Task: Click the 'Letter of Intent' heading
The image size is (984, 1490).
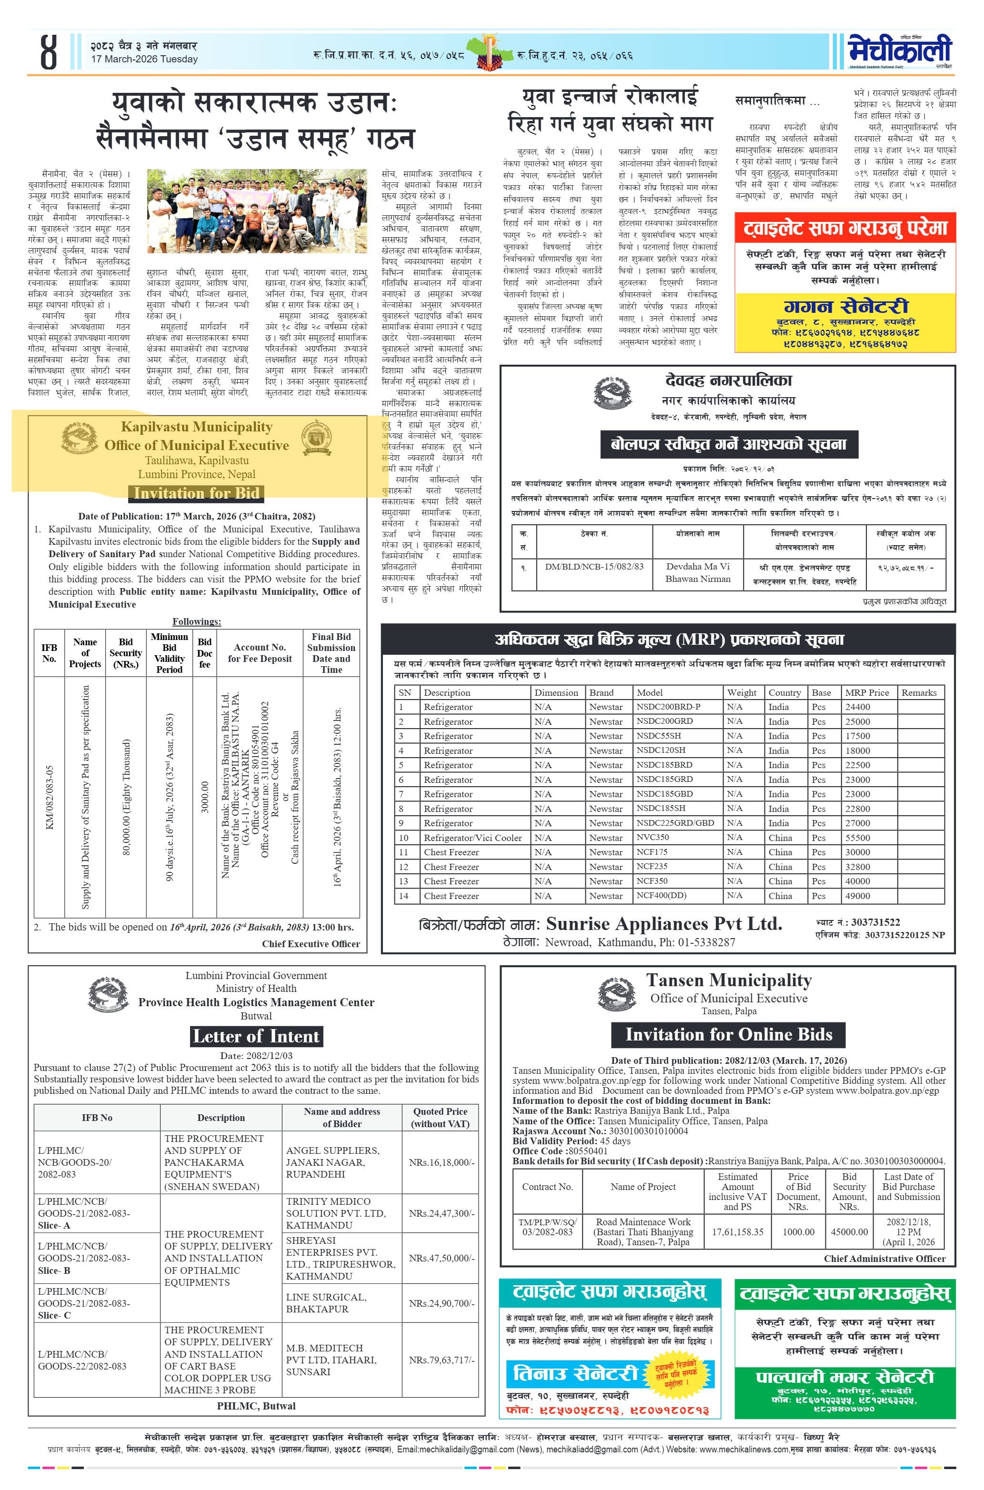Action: click(256, 1036)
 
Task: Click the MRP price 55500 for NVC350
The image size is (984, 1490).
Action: click(858, 838)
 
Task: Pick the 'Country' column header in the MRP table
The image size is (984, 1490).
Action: click(784, 692)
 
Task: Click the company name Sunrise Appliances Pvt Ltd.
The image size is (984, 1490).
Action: click(664, 923)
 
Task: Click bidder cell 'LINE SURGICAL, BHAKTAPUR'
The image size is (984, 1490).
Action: click(326, 1303)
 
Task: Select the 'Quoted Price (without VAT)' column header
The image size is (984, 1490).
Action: click(440, 1117)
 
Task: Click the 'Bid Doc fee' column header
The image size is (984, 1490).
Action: click(205, 653)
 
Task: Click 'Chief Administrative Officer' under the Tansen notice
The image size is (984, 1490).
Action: click(884, 1259)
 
